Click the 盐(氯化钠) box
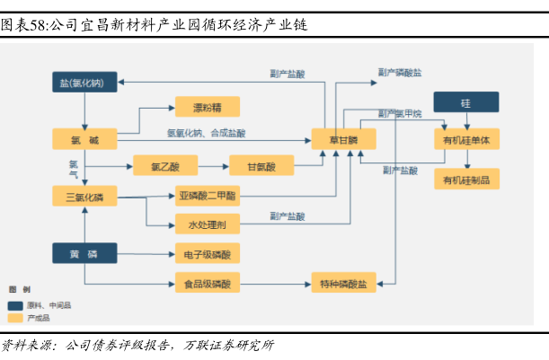pos(84,83)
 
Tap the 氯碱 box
pos(84,140)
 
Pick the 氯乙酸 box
pos(165,165)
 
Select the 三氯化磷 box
pos(84,196)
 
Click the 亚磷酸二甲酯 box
pos(207,196)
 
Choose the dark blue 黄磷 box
pos(84,253)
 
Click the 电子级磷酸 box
pos(207,255)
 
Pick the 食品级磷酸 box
pos(207,284)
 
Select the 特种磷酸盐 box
pos(342,284)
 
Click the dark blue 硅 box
pos(465,102)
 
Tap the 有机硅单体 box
pos(465,140)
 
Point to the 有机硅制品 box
pos(465,180)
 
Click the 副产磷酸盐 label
pos(400,71)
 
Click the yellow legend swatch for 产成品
pos(14,318)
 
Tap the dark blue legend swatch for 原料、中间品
pos(14,305)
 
